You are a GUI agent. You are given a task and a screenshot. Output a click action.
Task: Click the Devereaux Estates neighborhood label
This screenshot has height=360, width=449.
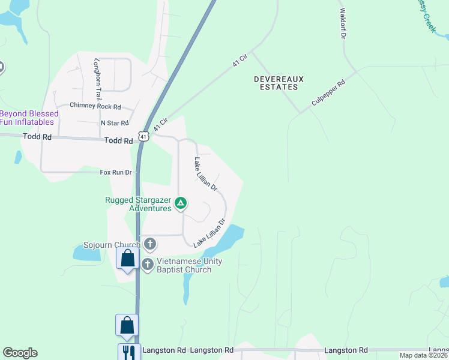[276, 83]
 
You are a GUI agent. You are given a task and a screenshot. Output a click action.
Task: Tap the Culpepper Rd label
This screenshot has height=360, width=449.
[329, 95]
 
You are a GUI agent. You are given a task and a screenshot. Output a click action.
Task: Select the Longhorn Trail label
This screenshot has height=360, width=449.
[98, 79]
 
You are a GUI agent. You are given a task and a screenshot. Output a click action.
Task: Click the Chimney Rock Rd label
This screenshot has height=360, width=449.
[95, 106]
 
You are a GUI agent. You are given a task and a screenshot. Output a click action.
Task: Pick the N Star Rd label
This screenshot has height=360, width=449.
[115, 123]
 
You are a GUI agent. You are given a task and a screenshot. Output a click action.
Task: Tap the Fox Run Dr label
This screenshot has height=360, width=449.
[115, 172]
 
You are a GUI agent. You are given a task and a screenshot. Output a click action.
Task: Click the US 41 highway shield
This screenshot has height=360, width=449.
[143, 136]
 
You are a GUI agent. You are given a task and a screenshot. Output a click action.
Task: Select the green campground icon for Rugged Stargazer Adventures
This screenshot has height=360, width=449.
[180, 203]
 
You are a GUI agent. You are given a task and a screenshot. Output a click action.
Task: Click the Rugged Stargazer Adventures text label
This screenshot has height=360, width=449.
[139, 205]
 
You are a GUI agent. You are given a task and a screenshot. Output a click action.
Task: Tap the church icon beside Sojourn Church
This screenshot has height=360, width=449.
[150, 244]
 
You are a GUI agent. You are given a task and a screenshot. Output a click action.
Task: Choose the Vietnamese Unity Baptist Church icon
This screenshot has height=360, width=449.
[150, 263]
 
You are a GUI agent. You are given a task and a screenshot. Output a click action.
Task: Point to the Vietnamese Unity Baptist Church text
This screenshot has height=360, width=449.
[189, 266]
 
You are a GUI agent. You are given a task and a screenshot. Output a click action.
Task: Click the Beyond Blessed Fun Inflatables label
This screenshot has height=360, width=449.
[29, 118]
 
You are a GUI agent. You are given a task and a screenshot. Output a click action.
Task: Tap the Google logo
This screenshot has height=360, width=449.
[20, 353]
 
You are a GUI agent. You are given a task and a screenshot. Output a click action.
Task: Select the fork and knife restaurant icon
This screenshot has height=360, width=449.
[128, 352]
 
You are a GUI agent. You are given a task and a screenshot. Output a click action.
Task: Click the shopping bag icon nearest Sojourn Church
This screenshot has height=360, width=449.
[127, 259]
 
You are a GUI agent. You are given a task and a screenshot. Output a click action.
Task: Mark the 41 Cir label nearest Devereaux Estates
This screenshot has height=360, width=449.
[240, 61]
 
